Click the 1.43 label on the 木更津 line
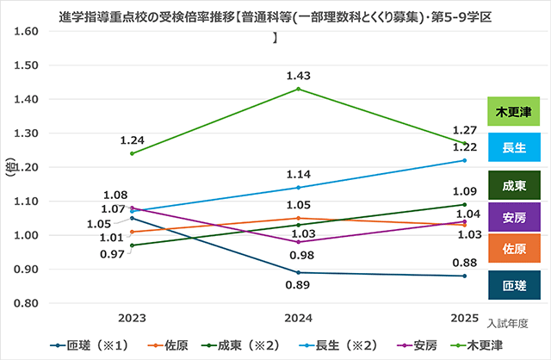298,75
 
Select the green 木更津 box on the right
513,113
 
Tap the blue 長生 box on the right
513,147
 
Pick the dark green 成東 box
513,183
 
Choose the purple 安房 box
513,217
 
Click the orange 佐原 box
513,250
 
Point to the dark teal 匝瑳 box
513,284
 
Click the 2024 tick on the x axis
298,316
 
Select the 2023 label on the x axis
132,316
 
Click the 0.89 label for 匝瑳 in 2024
298,285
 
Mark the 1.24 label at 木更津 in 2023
132,140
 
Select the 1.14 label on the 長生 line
298,174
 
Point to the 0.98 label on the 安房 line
298,255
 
